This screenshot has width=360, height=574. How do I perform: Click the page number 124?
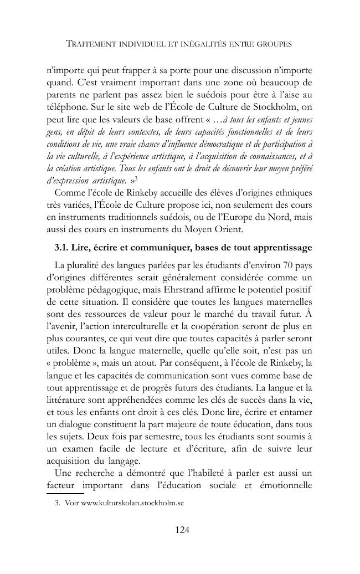[182, 530]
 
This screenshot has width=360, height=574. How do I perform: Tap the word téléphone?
[65, 107]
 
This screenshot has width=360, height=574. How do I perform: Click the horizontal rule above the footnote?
[65, 493]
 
